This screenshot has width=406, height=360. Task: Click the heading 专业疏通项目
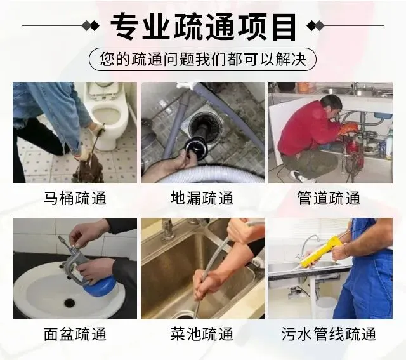click(x=204, y=26)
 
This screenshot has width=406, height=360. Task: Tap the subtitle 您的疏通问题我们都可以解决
click(x=203, y=59)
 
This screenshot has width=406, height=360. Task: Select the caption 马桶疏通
click(x=75, y=198)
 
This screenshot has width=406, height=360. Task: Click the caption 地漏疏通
click(x=202, y=198)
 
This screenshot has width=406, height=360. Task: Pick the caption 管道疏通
click(x=329, y=198)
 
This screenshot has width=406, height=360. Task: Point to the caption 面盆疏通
click(x=75, y=334)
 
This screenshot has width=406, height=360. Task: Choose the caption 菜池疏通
click(x=202, y=334)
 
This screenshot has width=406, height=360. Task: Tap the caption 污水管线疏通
click(x=329, y=334)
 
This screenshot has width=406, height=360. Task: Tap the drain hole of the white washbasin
click(x=69, y=302)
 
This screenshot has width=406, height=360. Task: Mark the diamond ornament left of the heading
click(x=90, y=26)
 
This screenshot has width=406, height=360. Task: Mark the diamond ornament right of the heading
click(x=315, y=26)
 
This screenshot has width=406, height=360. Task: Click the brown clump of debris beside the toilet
click(x=89, y=168)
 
